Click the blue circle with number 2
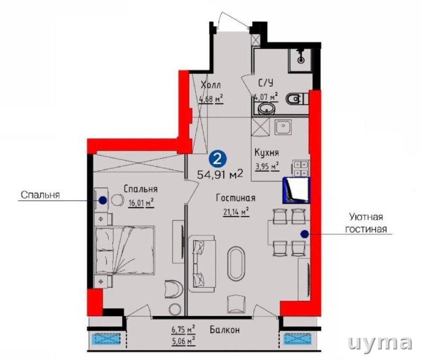218,159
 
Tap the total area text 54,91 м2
220,175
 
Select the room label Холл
211,85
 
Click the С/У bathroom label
266,83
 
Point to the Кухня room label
267,153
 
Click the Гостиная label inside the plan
236,198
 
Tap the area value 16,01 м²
141,203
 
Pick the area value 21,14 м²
236,212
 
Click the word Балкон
225,329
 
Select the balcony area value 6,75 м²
183,329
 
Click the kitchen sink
283,127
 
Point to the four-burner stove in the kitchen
300,168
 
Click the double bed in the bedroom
125,250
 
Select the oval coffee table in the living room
236,264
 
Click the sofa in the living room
202,264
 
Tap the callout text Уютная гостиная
366,223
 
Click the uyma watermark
379,343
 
